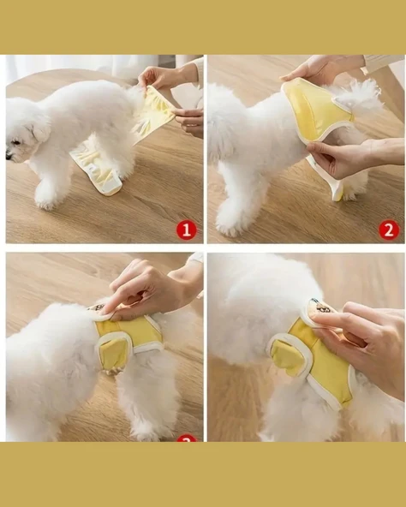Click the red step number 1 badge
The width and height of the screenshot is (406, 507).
(x=186, y=230)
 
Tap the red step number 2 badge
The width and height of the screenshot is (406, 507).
(x=389, y=230)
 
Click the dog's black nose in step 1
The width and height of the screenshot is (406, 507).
(x=9, y=157)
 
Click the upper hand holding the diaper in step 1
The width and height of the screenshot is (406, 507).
(x=163, y=78)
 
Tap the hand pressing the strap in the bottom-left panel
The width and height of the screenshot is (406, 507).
(x=150, y=287)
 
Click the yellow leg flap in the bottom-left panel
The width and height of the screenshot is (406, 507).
(x=114, y=352)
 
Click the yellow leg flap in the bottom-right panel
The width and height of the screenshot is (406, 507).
(x=290, y=356)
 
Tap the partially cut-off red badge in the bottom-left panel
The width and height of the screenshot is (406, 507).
(x=186, y=438)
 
